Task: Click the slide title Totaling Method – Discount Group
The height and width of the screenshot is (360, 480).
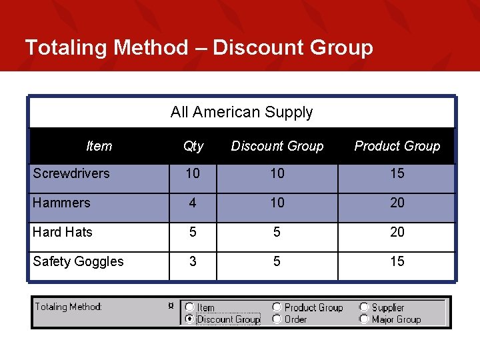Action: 199,47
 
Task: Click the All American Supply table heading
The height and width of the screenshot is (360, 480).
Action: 241,112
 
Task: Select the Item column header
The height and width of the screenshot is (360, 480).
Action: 99,146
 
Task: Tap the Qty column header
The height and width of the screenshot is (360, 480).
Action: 193,146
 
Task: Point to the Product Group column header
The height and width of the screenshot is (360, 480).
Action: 397,146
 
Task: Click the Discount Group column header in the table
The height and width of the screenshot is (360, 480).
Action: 277,146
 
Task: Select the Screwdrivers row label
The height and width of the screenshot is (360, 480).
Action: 71,173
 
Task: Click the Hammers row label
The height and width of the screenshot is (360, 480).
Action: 61,203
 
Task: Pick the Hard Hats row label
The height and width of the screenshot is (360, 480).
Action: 63,232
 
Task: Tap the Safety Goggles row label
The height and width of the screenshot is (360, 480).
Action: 78,261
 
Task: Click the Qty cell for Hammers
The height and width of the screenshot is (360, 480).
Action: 193,203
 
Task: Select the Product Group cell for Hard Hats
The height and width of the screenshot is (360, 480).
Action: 397,232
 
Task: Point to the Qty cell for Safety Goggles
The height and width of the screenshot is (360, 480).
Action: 193,261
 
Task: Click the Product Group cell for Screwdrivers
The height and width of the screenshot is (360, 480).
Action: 397,173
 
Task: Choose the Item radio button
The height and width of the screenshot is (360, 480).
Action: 190,307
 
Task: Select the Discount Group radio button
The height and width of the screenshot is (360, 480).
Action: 190,319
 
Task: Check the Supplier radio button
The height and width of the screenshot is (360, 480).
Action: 364,307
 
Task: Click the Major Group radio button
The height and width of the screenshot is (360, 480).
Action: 364,319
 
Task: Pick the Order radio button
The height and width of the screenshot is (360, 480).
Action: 277,319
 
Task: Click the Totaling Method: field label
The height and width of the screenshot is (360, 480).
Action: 69,307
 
